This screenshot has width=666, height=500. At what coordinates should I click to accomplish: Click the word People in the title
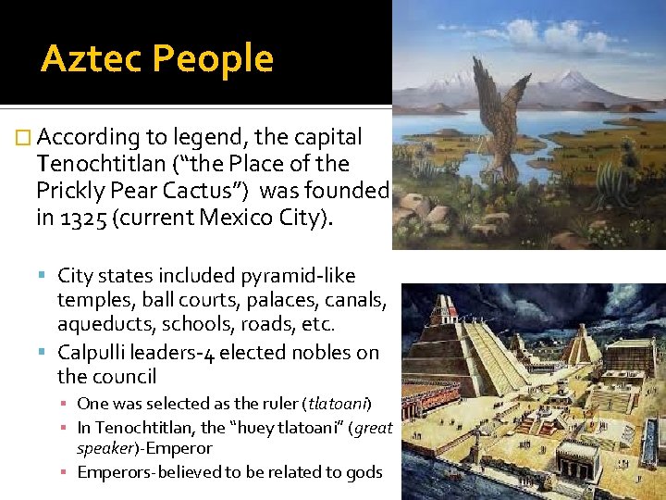(213, 59)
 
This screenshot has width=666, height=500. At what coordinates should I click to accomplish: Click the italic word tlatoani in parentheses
(339, 404)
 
